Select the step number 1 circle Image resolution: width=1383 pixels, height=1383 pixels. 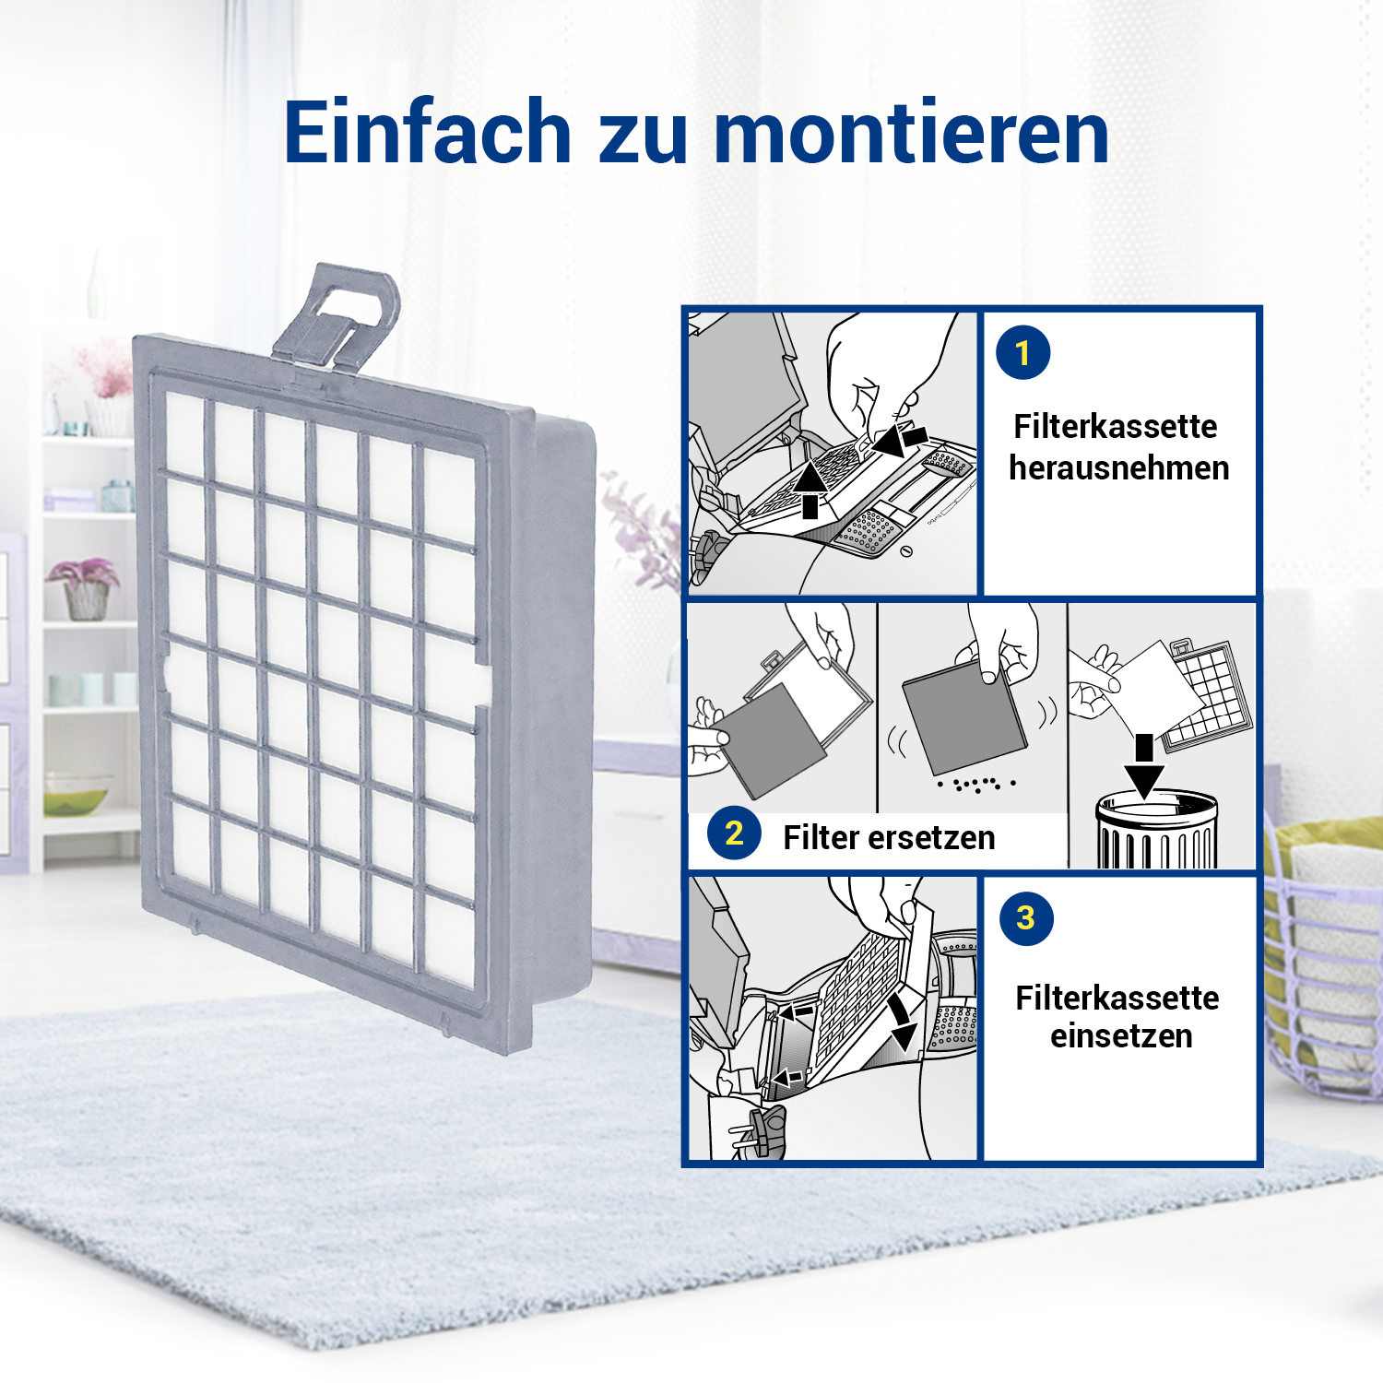(1022, 352)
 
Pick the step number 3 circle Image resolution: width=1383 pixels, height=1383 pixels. (1026, 917)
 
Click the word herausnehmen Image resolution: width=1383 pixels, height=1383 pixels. (1119, 467)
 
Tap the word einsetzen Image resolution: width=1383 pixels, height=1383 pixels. (1121, 1035)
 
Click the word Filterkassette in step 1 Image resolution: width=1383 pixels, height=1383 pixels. (1116, 426)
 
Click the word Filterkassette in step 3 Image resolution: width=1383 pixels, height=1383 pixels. (1117, 998)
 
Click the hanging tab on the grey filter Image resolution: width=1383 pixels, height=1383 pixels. (337, 318)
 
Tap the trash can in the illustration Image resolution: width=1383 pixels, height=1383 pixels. (1157, 830)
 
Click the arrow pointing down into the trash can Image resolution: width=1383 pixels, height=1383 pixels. (1144, 765)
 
